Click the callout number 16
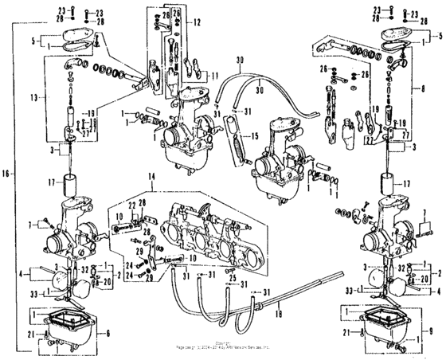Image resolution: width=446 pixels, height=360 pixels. click(7, 172)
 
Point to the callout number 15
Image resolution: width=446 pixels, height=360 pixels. click(256, 135)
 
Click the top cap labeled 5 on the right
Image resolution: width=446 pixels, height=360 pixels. click(398, 37)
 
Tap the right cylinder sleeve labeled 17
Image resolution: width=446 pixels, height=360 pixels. click(391, 186)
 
